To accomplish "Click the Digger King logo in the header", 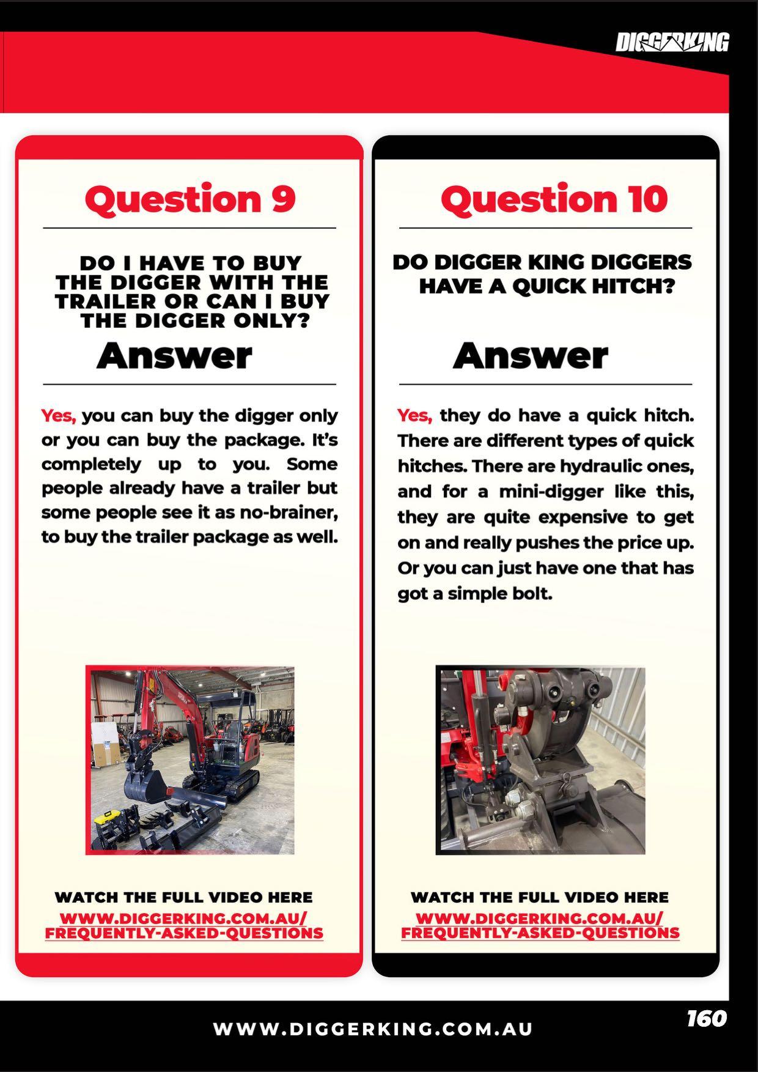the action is pos(672,43).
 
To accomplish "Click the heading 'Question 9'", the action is pos(190,199).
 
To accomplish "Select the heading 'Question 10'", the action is pos(554,199).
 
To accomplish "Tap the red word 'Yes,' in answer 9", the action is pos(59,416).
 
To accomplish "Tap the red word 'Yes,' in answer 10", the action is pos(415,416).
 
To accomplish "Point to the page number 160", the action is pos(707,1018).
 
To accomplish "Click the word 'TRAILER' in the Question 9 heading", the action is pos(105,301).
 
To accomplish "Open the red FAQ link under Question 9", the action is pos(184,926).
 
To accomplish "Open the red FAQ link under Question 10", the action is pos(540,926).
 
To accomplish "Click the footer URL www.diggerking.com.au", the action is pos(373,1029).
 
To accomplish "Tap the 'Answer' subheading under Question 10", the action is pos(531,355).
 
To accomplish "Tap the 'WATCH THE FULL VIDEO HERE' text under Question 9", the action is pos(184,898).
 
